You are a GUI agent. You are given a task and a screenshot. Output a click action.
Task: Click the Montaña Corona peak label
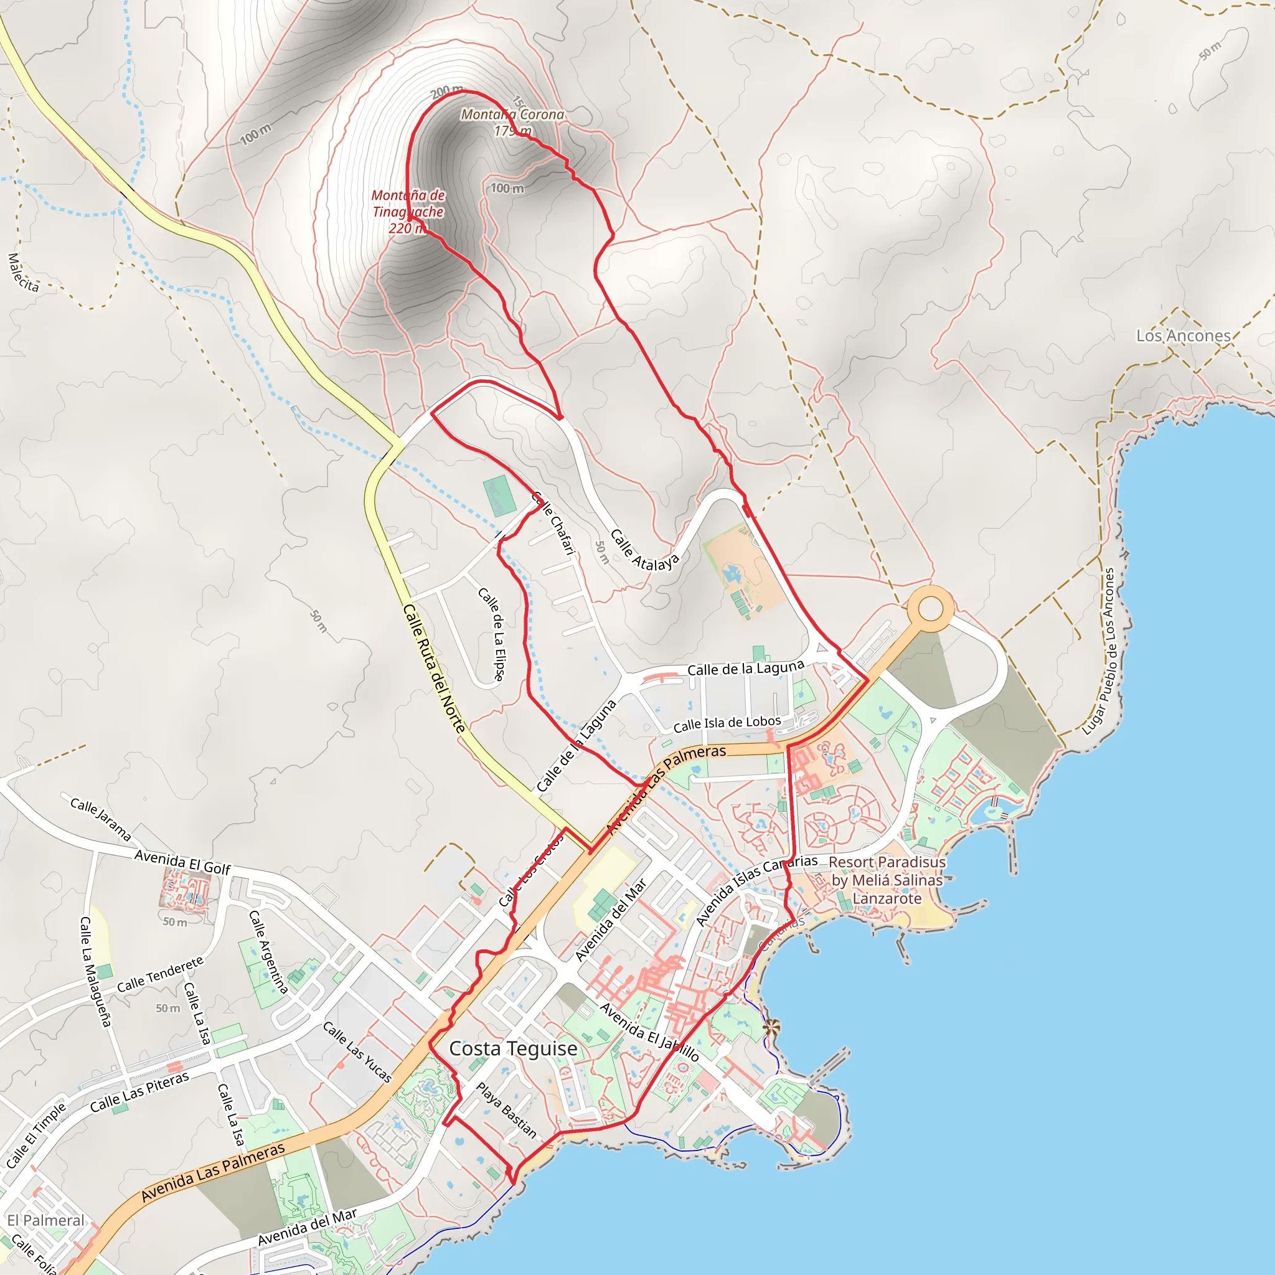[512, 122]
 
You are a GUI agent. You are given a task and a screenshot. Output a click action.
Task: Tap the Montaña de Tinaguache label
[407, 211]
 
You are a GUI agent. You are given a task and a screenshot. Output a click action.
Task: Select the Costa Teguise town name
[513, 1048]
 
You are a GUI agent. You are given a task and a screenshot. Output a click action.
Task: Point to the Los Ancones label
[1183, 336]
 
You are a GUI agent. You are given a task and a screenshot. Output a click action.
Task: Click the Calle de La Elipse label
[492, 634]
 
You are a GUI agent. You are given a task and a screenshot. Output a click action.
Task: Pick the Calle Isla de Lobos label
[727, 723]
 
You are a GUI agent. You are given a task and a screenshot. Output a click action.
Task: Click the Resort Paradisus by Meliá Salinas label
[887, 880]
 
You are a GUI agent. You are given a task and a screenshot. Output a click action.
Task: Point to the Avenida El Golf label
[182, 862]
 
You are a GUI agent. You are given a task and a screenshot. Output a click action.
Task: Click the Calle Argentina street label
[268, 952]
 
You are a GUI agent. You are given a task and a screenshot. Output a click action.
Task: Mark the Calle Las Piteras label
[139, 1092]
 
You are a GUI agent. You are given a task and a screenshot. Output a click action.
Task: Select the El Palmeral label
[45, 1220]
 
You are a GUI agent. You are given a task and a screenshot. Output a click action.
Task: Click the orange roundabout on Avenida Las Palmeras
[930, 608]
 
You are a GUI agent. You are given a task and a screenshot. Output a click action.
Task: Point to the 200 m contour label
[446, 91]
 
